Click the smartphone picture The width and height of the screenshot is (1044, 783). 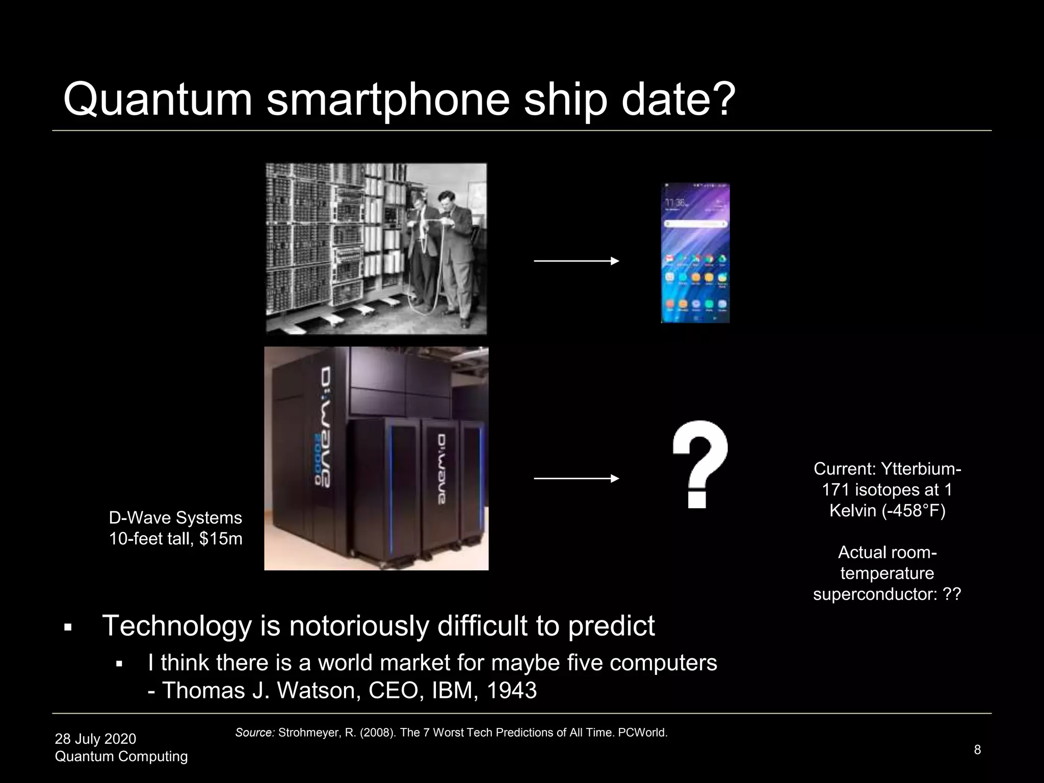click(695, 253)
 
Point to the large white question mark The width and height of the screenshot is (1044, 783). click(699, 464)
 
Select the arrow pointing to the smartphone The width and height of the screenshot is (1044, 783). click(576, 261)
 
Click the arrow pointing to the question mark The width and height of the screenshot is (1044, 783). click(576, 479)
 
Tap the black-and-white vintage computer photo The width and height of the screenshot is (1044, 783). click(376, 249)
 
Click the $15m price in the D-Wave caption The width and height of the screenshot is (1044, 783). click(221, 539)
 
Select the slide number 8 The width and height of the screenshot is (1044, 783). click(977, 749)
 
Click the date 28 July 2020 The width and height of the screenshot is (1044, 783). click(95, 739)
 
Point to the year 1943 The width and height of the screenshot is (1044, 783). click(511, 691)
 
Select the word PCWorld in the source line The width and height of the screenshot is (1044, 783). click(642, 733)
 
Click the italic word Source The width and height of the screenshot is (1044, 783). click(254, 733)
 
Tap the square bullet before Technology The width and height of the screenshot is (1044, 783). click(67, 628)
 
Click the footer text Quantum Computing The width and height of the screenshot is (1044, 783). click(121, 756)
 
